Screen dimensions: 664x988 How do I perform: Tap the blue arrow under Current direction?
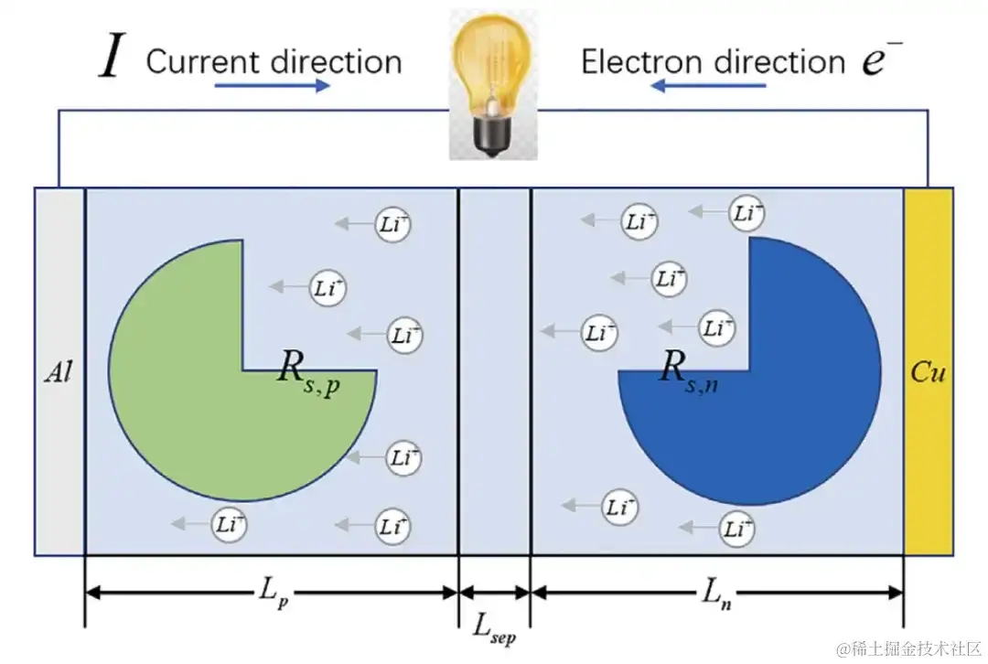click(272, 85)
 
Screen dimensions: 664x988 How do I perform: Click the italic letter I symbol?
click(111, 59)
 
